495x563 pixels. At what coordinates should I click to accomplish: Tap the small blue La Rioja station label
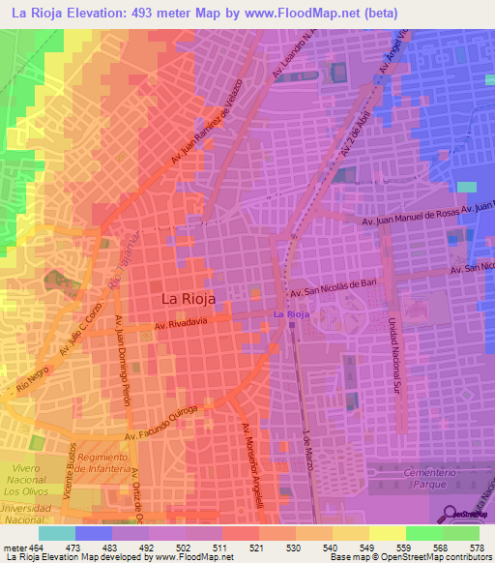(290, 314)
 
